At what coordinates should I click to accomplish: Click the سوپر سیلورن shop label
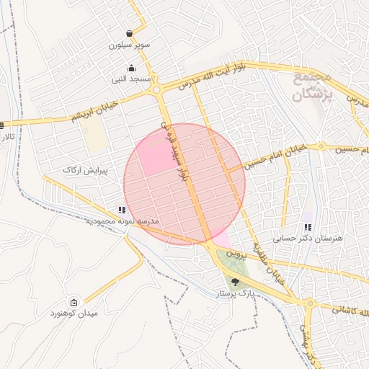pyautogui.click(x=129, y=45)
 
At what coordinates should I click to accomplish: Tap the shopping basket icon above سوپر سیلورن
pyautogui.click(x=129, y=33)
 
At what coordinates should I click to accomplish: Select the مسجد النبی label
pyautogui.click(x=130, y=78)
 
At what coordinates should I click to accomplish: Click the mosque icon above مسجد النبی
pyautogui.click(x=130, y=68)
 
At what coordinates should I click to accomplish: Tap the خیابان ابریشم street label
pyautogui.click(x=97, y=112)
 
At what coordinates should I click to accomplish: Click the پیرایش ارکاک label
pyautogui.click(x=85, y=170)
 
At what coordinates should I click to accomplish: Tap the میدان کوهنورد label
pyautogui.click(x=74, y=314)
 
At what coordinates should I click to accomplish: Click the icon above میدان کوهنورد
pyautogui.click(x=74, y=302)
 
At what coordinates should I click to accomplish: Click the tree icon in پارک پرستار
pyautogui.click(x=235, y=283)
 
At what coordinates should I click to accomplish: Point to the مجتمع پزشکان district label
pyautogui.click(x=312, y=85)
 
